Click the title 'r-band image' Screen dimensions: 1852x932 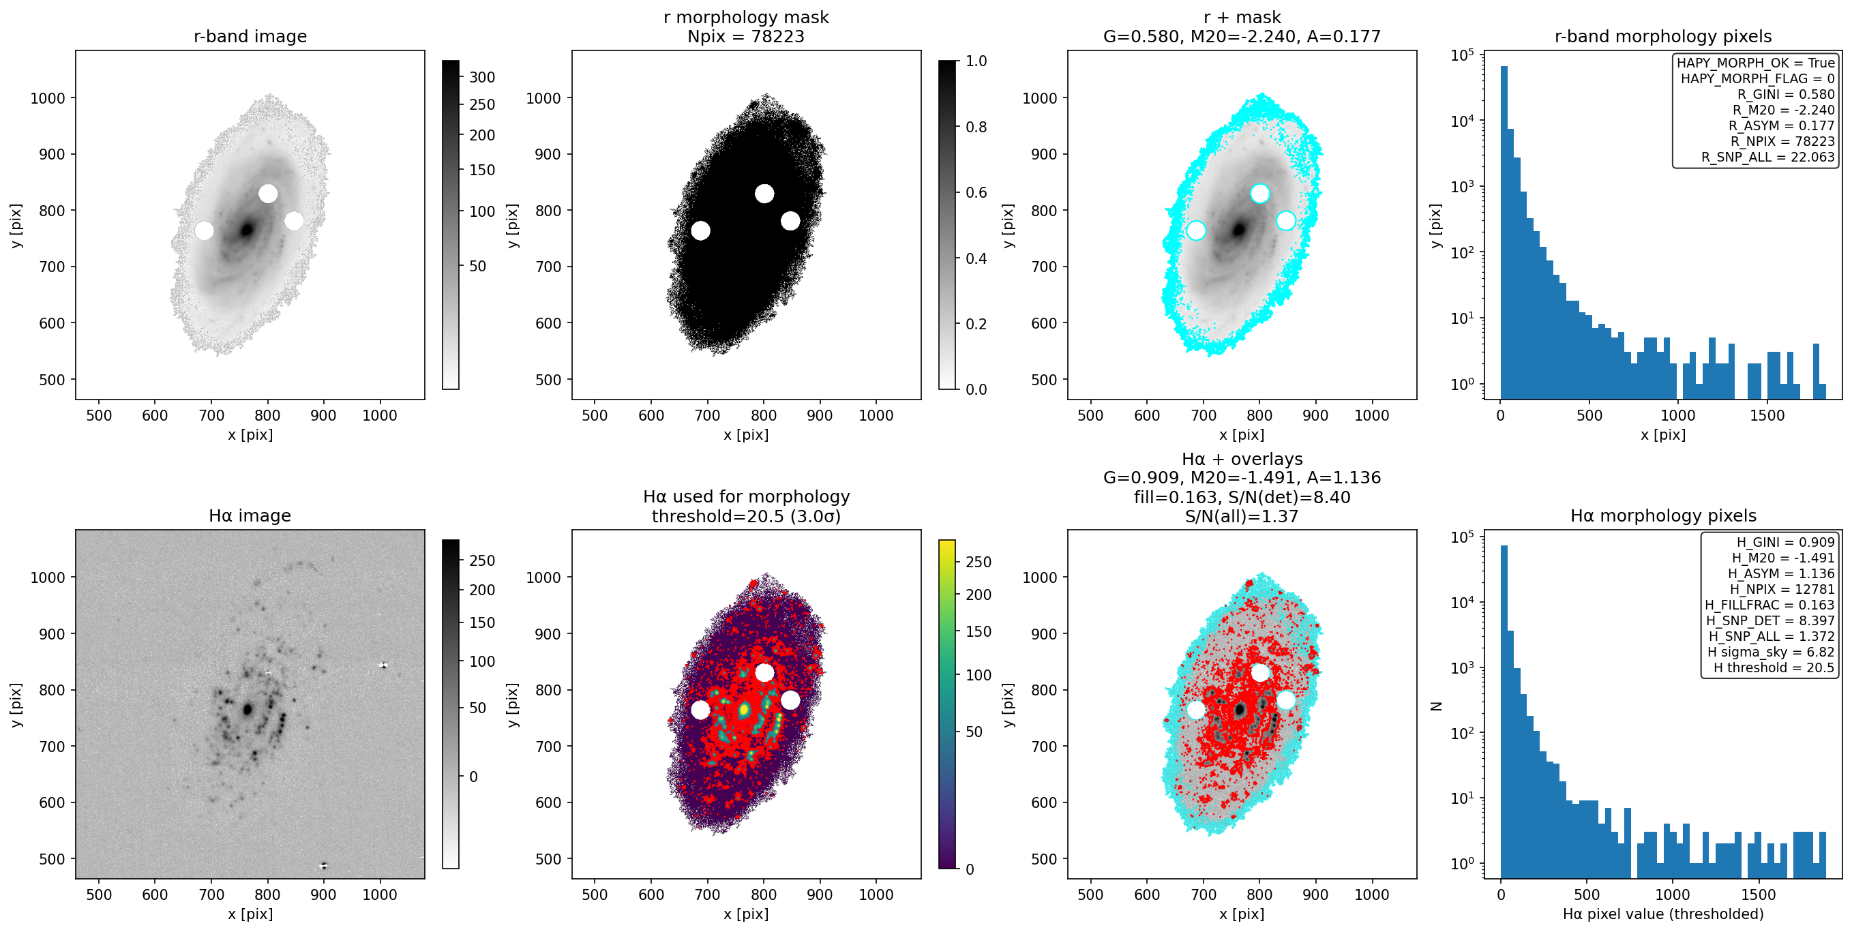click(x=250, y=36)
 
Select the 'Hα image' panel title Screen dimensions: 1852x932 click(x=250, y=515)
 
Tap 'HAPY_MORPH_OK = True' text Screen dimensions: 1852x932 click(x=1756, y=63)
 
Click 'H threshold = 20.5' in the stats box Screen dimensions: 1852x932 click(x=1774, y=667)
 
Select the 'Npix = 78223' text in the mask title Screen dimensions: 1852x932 click(x=745, y=36)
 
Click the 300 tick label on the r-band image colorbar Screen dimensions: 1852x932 click(x=482, y=77)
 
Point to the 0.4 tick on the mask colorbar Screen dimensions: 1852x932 click(x=976, y=258)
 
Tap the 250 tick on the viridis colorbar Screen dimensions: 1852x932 click(x=979, y=561)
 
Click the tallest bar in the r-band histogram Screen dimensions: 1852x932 click(x=1504, y=232)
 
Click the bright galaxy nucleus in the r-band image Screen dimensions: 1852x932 click(x=248, y=230)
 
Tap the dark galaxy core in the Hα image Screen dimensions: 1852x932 click(x=248, y=709)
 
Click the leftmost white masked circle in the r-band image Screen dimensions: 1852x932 click(x=204, y=230)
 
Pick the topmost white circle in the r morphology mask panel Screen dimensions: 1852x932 click(x=764, y=194)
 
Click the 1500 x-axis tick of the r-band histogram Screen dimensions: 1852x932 click(x=1767, y=415)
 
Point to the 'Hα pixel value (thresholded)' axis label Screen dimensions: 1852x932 click(x=1663, y=914)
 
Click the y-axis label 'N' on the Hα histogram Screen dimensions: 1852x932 click(x=1437, y=706)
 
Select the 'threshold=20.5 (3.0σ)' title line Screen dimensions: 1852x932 click(x=745, y=516)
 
